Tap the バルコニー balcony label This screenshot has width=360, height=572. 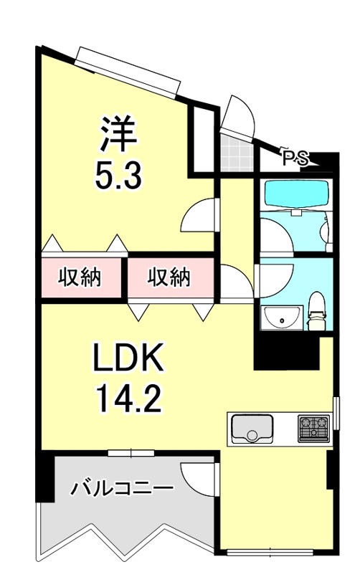[x=121, y=490]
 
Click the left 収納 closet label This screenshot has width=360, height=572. [x=79, y=277]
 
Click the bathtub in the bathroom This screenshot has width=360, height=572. [x=296, y=194]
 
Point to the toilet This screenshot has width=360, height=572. [x=316, y=311]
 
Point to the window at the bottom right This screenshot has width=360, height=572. [x=270, y=552]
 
